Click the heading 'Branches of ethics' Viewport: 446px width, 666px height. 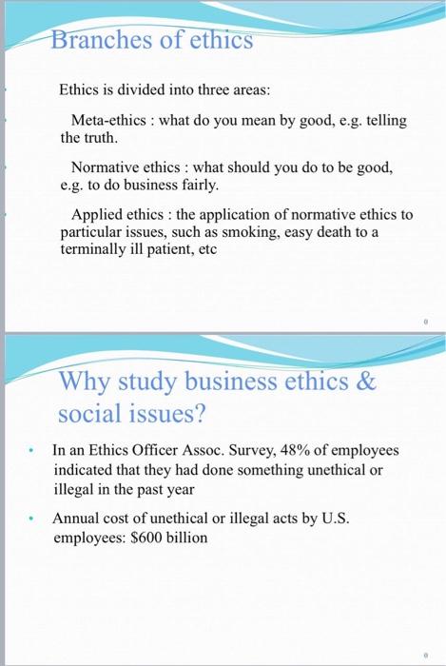coord(151,41)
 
